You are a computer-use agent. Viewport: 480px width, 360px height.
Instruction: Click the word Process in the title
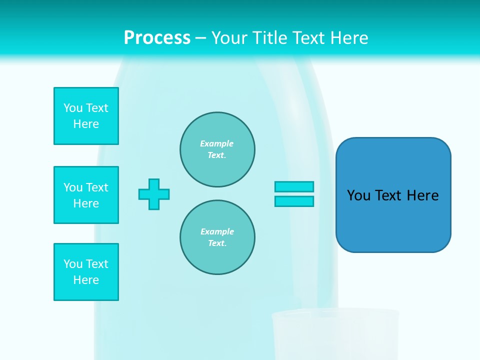pyautogui.click(x=157, y=38)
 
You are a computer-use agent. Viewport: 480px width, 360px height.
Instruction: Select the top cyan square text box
pyautogui.click(x=86, y=116)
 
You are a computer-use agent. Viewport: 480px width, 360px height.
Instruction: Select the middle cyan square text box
pyautogui.click(x=86, y=195)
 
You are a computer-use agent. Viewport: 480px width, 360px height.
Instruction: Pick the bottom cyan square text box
pyautogui.click(x=86, y=272)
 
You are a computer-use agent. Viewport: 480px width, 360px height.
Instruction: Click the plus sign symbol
pyautogui.click(x=154, y=194)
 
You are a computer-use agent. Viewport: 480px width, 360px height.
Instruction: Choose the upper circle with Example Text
pyautogui.click(x=217, y=149)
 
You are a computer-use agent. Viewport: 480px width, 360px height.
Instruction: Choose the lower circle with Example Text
pyautogui.click(x=217, y=237)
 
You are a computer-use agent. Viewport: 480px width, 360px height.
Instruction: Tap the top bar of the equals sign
pyautogui.click(x=294, y=186)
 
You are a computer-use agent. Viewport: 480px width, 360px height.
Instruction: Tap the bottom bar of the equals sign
pyautogui.click(x=294, y=201)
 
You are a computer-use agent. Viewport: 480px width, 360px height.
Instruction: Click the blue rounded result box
pyautogui.click(x=393, y=220)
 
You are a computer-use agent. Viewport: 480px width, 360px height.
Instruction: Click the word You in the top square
pyautogui.click(x=73, y=108)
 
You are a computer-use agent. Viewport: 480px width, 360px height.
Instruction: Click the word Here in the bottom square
pyautogui.click(x=86, y=280)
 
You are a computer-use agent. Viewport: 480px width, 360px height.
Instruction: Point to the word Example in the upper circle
pyautogui.click(x=217, y=143)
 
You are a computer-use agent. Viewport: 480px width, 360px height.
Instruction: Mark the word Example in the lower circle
pyautogui.click(x=217, y=231)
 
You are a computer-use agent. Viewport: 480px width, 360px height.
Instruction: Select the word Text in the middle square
pyautogui.click(x=97, y=187)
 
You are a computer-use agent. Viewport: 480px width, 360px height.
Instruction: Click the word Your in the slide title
pyautogui.click(x=229, y=38)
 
